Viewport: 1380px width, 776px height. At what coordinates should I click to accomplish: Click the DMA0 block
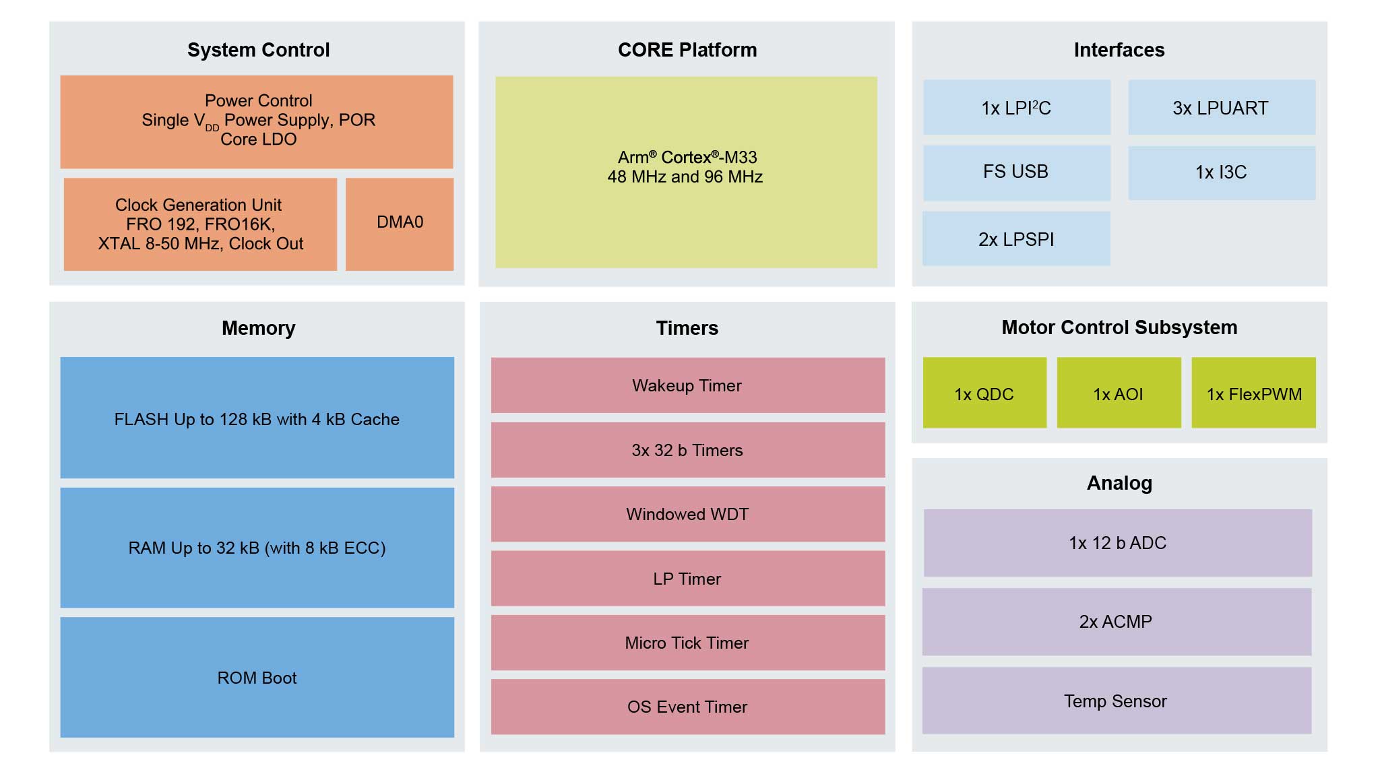(400, 224)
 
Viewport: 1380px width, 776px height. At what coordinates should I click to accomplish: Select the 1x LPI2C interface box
(1016, 108)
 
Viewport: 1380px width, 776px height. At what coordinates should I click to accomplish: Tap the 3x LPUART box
(1221, 108)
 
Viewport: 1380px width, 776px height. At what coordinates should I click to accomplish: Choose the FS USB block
(1016, 172)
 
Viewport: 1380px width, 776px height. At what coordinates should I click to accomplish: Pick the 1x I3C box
(1221, 172)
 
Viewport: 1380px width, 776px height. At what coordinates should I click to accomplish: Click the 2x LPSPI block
(1016, 239)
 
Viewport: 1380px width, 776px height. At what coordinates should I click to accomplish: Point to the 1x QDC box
(984, 393)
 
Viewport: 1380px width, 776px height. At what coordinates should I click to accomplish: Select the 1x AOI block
(1119, 393)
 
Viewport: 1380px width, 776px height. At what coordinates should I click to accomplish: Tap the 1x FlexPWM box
(1253, 393)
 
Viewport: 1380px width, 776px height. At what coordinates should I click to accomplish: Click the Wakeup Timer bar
(687, 385)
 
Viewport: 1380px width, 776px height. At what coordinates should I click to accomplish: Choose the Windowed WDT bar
(687, 514)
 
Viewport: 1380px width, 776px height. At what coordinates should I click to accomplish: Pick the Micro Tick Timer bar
(687, 643)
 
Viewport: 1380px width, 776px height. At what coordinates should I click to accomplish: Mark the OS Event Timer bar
(687, 707)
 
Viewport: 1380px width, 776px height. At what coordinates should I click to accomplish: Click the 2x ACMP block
(1117, 622)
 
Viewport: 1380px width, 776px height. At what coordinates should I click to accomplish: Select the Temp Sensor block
(1117, 701)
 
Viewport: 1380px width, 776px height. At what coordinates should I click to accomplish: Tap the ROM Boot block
(257, 678)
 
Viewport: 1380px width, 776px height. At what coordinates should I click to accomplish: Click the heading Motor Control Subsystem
(1119, 327)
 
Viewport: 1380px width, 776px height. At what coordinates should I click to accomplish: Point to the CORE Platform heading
(687, 50)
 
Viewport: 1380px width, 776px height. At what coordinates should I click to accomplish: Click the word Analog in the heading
(1119, 483)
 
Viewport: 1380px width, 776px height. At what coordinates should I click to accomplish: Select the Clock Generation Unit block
(200, 224)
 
